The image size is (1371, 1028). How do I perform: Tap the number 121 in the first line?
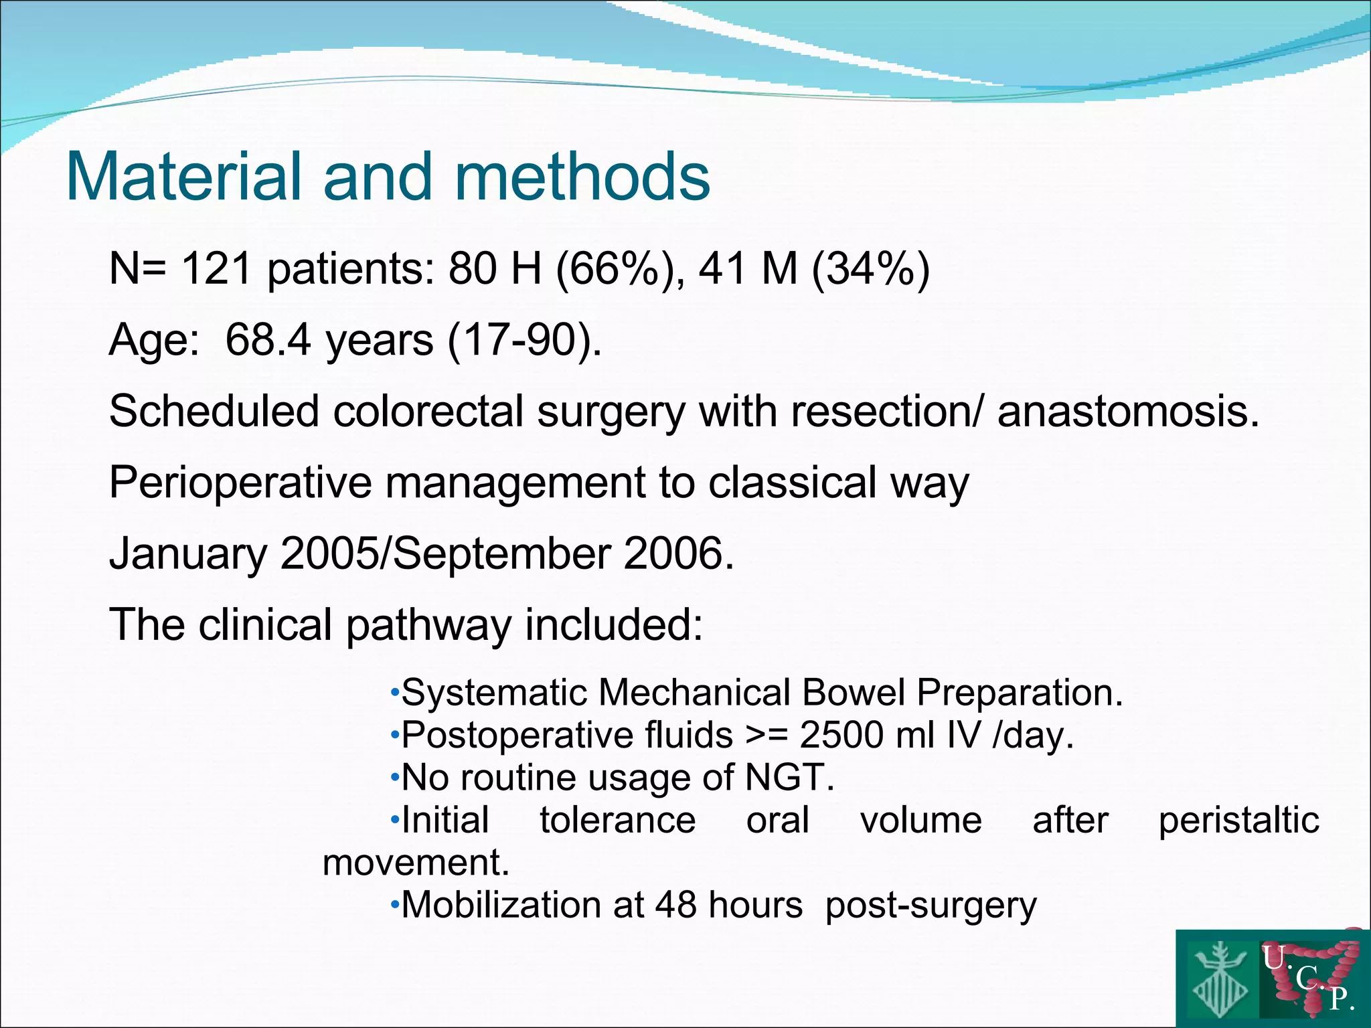click(216, 269)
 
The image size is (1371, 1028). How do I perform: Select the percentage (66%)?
click(617, 269)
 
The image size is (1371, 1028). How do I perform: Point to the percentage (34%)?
click(871, 269)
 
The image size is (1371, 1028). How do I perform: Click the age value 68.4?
click(268, 340)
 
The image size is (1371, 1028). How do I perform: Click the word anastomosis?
click(1128, 411)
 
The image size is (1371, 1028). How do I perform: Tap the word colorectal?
click(428, 411)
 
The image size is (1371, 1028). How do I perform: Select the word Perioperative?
click(240, 482)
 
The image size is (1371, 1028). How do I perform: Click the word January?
click(188, 553)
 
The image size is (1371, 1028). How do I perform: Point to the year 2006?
click(679, 553)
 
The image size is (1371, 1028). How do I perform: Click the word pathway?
click(428, 624)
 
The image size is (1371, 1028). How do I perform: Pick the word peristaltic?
click(1238, 821)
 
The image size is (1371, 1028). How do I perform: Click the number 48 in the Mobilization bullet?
click(675, 906)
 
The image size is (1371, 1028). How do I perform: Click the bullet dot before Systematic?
click(395, 691)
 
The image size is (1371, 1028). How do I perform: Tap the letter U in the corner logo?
click(1274, 958)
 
